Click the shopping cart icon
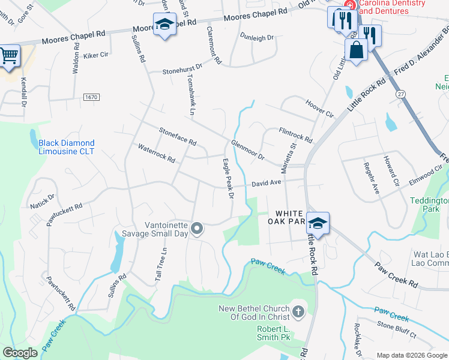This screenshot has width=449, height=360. pyautogui.click(x=8, y=56)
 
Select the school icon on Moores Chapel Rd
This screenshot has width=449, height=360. pyautogui.click(x=164, y=25)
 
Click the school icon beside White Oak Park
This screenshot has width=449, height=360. pyautogui.click(x=318, y=223)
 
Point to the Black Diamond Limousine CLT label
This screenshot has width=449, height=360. pyautogui.click(x=66, y=147)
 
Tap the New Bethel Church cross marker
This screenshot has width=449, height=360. pyautogui.click(x=298, y=311)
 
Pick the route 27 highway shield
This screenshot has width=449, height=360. pyautogui.click(x=400, y=94)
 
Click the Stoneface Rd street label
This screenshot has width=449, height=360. pyautogui.click(x=178, y=136)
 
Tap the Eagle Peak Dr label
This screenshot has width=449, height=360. pyautogui.click(x=228, y=178)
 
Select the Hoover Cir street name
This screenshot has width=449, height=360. pyautogui.click(x=319, y=108)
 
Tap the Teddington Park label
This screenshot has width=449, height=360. pyautogui.click(x=429, y=205)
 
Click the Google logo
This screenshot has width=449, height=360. pyautogui.click(x=20, y=353)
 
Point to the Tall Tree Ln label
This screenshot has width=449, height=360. pyautogui.click(x=160, y=264)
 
